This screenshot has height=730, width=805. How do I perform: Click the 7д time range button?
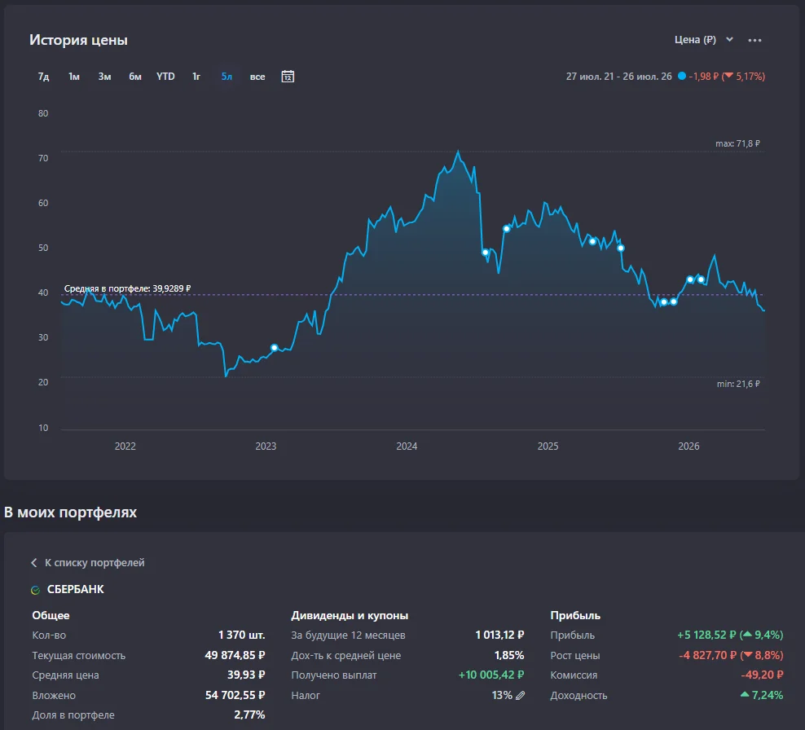[44, 77]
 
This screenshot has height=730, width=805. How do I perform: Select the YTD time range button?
[165, 77]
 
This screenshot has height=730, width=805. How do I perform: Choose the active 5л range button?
[227, 77]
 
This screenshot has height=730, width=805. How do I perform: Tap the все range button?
[257, 77]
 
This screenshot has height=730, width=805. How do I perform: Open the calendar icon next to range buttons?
[288, 77]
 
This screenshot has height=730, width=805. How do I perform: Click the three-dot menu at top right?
[754, 40]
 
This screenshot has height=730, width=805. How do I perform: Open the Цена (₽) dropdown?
[703, 40]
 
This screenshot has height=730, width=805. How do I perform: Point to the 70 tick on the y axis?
[43, 158]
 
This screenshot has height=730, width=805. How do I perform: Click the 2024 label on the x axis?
[407, 446]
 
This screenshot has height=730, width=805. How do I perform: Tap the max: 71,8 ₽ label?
[737, 143]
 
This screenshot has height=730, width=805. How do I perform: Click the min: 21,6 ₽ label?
[738, 384]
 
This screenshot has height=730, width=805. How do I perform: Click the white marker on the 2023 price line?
[274, 348]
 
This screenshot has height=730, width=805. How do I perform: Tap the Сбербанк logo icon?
[35, 590]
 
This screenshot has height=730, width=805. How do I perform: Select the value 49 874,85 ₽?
[235, 655]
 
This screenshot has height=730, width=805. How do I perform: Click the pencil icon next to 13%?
[520, 695]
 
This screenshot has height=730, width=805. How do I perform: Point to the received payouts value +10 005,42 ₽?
[491, 675]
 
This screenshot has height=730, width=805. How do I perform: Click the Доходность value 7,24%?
[762, 695]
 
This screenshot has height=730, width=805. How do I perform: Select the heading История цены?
[78, 40]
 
